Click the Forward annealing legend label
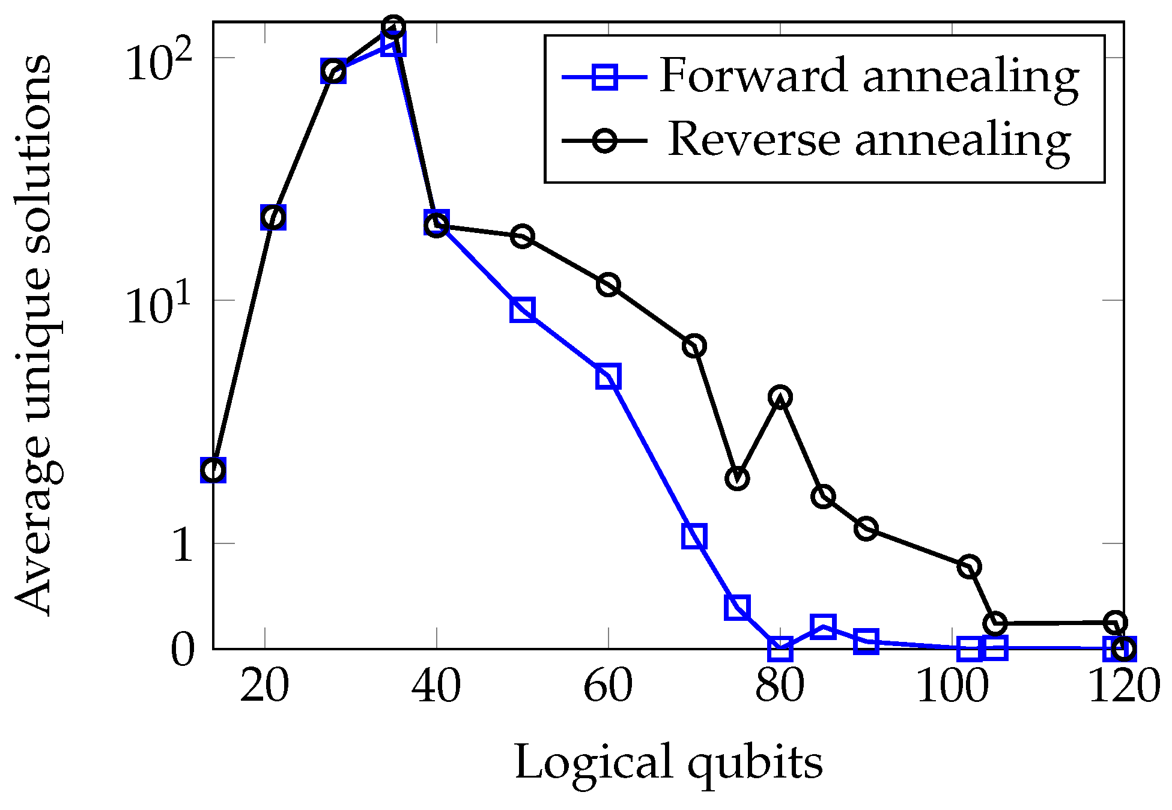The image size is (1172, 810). (869, 77)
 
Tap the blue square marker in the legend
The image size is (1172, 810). (604, 77)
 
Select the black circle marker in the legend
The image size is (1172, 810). (604, 141)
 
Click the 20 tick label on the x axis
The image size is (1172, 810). (264, 686)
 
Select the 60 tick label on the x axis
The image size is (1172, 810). (608, 686)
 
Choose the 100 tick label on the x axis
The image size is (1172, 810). (952, 686)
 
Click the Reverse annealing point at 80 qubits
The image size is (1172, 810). (780, 397)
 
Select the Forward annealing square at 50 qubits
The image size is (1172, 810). (523, 310)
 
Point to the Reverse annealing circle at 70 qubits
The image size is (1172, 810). (694, 346)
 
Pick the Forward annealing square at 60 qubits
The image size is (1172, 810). (608, 377)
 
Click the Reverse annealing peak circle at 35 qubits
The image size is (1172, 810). (393, 27)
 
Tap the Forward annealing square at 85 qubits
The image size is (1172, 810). (822, 627)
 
